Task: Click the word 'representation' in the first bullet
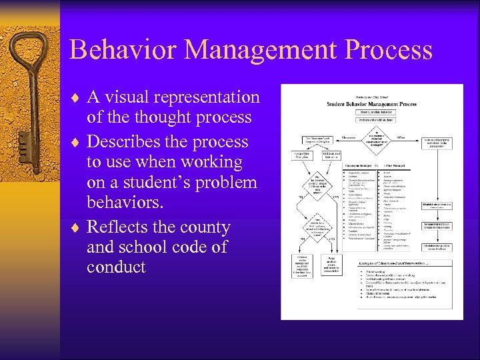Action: click(207, 97)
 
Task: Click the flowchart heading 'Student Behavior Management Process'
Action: click(371, 104)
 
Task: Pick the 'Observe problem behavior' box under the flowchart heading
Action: click(372, 113)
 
